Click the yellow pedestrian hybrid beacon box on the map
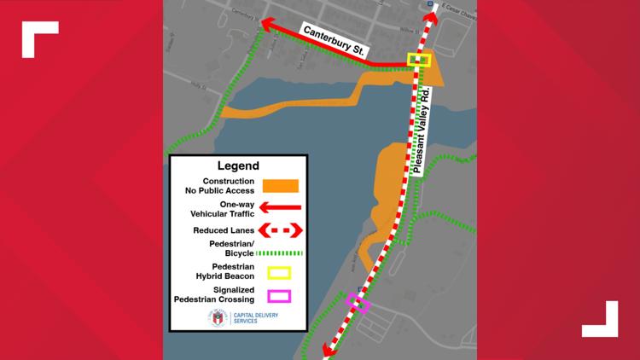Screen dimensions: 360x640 419,60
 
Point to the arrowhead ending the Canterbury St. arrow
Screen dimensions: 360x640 268,23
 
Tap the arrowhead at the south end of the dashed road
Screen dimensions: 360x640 326,349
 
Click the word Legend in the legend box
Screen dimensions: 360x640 238,165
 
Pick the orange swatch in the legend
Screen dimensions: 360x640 282,185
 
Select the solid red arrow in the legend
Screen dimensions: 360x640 282,208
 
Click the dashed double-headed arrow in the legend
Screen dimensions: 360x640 282,230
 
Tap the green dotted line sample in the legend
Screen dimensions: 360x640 282,253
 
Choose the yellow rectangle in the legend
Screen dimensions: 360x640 280,274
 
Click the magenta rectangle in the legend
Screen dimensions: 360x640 280,296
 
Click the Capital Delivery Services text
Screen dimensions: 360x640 256,318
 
